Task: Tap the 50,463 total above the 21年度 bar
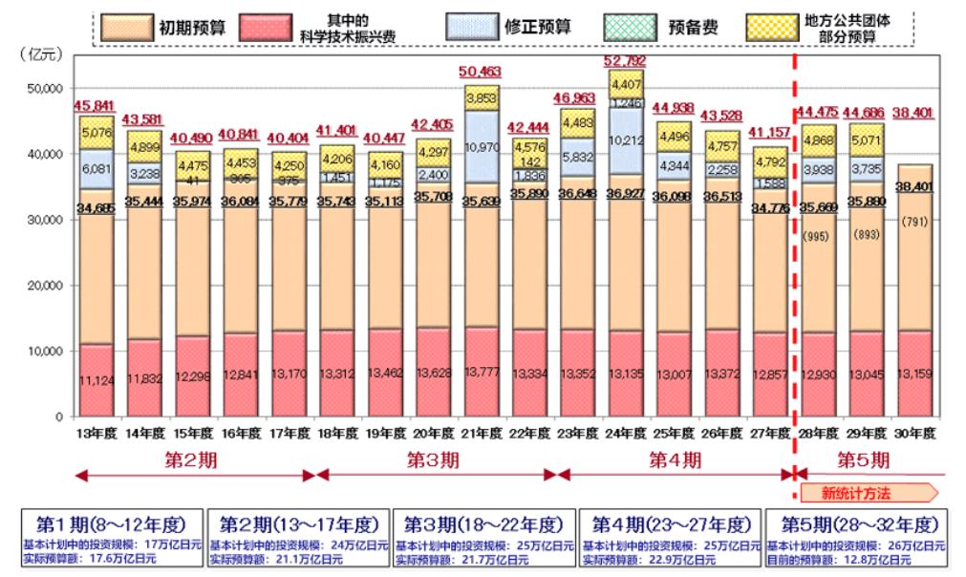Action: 481,72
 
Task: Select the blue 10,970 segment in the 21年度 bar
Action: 481,147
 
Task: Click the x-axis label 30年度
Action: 912,432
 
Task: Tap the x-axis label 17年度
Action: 291,432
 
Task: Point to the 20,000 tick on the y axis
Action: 48,286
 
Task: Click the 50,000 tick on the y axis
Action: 48,88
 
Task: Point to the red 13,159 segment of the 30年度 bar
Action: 912,380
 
